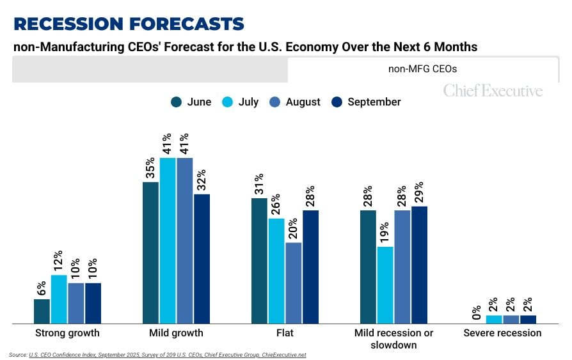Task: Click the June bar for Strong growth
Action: tap(42, 311)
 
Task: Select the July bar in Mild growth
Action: tap(168, 240)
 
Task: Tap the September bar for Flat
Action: tap(310, 267)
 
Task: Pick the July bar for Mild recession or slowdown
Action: tap(385, 285)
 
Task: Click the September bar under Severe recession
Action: tap(528, 319)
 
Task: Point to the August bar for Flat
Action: tap(294, 283)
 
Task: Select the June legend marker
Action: tap(177, 102)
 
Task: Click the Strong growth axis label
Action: tap(67, 333)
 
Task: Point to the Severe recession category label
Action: tap(502, 333)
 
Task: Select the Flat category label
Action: tap(285, 333)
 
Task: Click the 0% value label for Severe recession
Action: tap(477, 311)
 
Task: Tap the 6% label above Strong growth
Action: tap(42, 288)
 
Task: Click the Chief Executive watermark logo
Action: tap(493, 91)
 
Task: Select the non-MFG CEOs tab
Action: tap(422, 69)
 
